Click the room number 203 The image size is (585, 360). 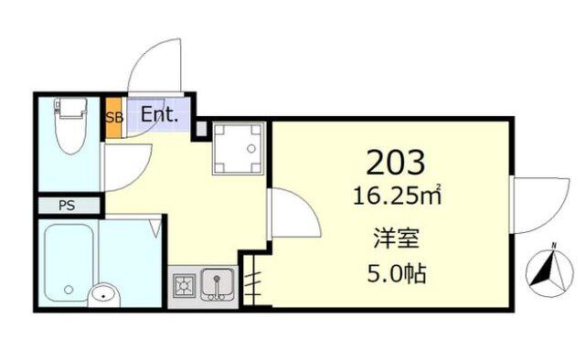point(396,162)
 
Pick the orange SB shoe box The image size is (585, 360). point(113,117)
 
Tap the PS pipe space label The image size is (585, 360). point(67,206)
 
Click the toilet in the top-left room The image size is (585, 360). point(69,128)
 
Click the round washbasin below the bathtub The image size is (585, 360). point(102,295)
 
